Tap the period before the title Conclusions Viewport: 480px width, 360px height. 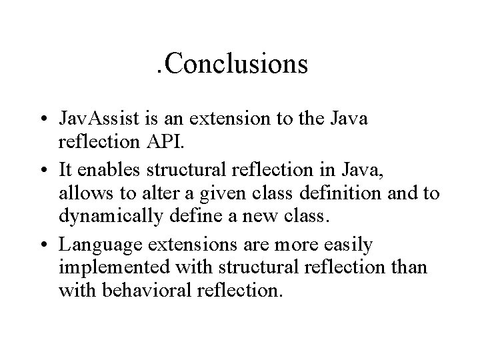tap(157, 72)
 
